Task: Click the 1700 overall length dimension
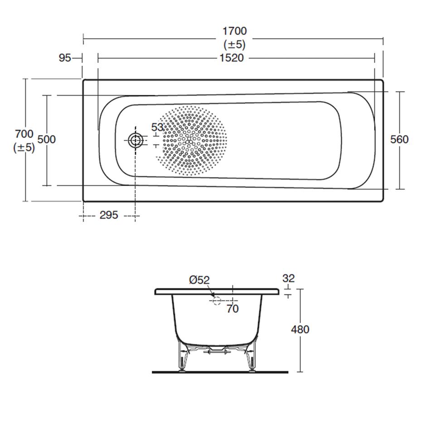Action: point(234,31)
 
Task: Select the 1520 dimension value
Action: point(232,58)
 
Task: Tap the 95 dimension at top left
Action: point(65,58)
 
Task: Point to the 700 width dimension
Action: point(24,134)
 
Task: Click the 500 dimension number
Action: point(46,140)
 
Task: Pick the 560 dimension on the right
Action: point(399,140)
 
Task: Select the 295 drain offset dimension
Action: point(109,215)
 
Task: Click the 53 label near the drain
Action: point(157,127)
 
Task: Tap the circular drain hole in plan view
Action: point(135,140)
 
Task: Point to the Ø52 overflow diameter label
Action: point(199,281)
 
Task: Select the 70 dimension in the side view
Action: point(232,309)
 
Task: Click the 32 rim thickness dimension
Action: point(288,278)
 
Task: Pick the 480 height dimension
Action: point(300,329)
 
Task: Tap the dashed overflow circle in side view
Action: point(217,300)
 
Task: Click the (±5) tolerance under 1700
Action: point(234,44)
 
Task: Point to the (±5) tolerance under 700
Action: point(24,147)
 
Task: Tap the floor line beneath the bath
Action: point(220,372)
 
